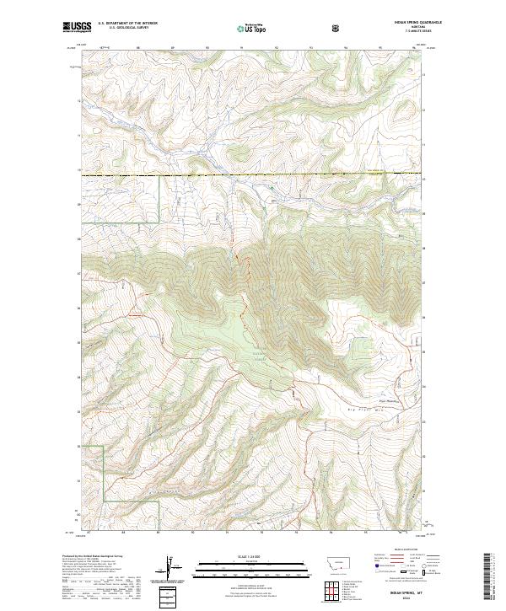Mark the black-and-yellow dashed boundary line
click(253, 174)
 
